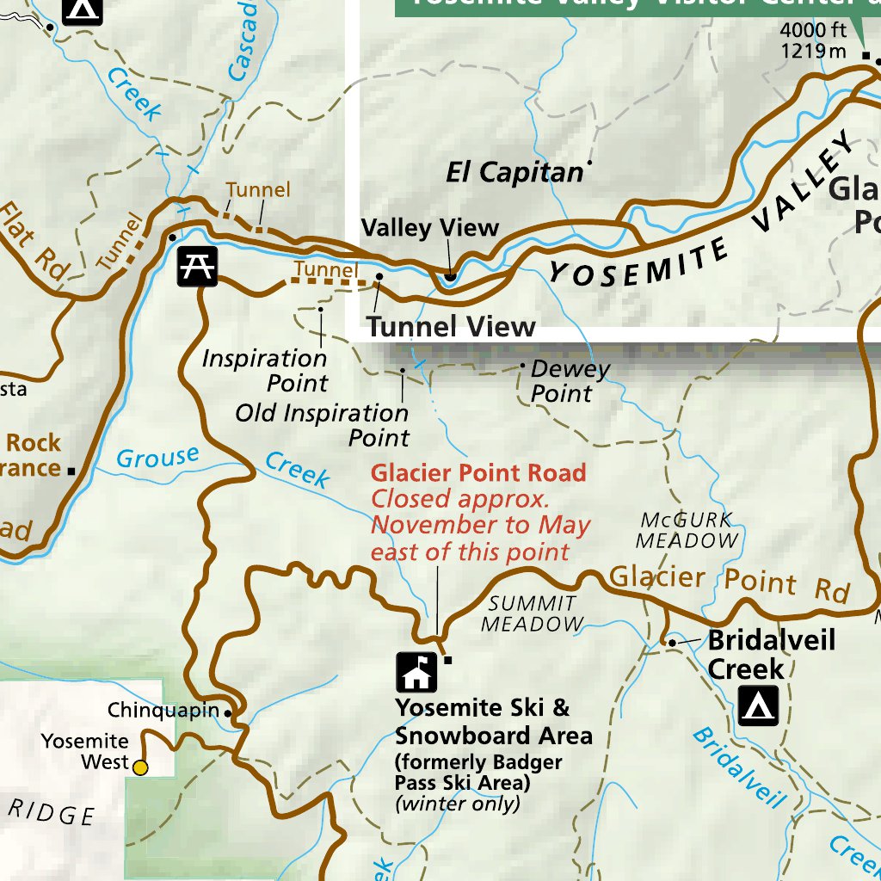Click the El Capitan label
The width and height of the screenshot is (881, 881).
tap(514, 173)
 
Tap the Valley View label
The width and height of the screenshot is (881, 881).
tap(429, 228)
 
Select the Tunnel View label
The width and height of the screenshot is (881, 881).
tap(451, 327)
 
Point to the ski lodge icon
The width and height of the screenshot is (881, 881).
tap(416, 672)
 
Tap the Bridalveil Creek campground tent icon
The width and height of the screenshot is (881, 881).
tap(758, 705)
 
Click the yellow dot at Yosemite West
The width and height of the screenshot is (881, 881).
tap(139, 767)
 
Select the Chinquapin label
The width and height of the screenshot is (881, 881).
tap(163, 711)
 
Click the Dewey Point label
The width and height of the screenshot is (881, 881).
tap(570, 381)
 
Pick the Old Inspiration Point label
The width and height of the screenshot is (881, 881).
tap(323, 425)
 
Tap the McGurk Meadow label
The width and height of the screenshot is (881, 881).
tap(687, 530)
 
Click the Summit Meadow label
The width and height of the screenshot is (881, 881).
tap(532, 613)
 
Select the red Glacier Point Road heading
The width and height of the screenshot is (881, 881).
tap(478, 472)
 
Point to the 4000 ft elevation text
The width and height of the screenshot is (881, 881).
tap(813, 31)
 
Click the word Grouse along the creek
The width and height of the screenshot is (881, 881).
tap(157, 458)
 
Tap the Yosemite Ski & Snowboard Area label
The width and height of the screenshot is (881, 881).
tap(494, 722)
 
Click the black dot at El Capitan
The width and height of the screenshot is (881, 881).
tap(589, 162)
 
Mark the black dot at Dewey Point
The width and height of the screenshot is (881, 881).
tap(521, 366)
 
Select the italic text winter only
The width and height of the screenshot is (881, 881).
tap(458, 804)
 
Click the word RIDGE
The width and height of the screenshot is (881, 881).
tap(52, 813)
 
